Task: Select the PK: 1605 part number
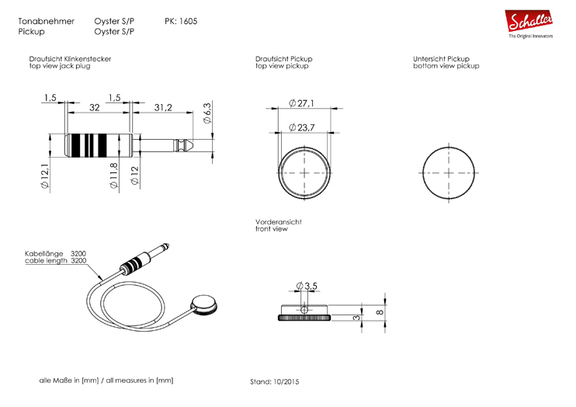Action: click(181, 21)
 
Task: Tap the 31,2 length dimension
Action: click(163, 107)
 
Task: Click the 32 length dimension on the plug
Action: click(95, 107)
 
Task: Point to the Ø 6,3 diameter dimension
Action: click(207, 113)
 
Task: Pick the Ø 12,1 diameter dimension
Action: click(45, 176)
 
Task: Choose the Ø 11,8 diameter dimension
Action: click(114, 176)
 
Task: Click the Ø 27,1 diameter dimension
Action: click(301, 103)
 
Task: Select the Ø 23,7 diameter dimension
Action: click(302, 127)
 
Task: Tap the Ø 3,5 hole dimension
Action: click(307, 286)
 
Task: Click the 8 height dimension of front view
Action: click(380, 312)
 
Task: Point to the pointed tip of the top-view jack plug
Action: click(193, 141)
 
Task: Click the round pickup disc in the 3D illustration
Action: click(204, 305)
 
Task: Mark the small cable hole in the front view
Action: click(304, 310)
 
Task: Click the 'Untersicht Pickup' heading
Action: click(441, 59)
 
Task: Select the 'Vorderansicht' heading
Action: click(279, 222)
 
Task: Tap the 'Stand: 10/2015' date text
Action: click(274, 382)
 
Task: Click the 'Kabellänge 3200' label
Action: click(55, 254)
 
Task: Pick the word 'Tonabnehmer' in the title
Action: click(47, 21)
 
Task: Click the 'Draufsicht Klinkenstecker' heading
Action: click(70, 59)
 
